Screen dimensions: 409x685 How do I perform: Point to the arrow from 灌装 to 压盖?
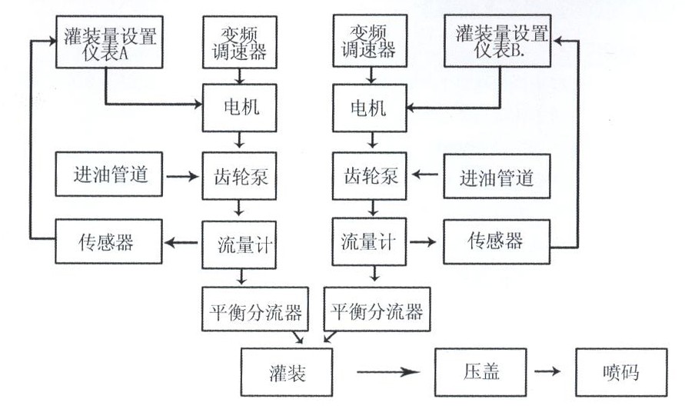pyautogui.click(x=388, y=373)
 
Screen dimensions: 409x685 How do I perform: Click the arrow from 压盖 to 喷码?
pyautogui.click(x=547, y=373)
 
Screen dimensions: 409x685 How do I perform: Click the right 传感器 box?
pyautogui.click(x=497, y=242)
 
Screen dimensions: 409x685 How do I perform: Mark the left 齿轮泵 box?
pyautogui.click(x=240, y=176)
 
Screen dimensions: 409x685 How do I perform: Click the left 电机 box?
pyautogui.click(x=240, y=107)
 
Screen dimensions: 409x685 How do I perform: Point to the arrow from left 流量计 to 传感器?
pyautogui.click(x=181, y=243)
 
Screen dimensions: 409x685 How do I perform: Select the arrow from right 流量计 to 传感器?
pyautogui.click(x=423, y=242)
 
